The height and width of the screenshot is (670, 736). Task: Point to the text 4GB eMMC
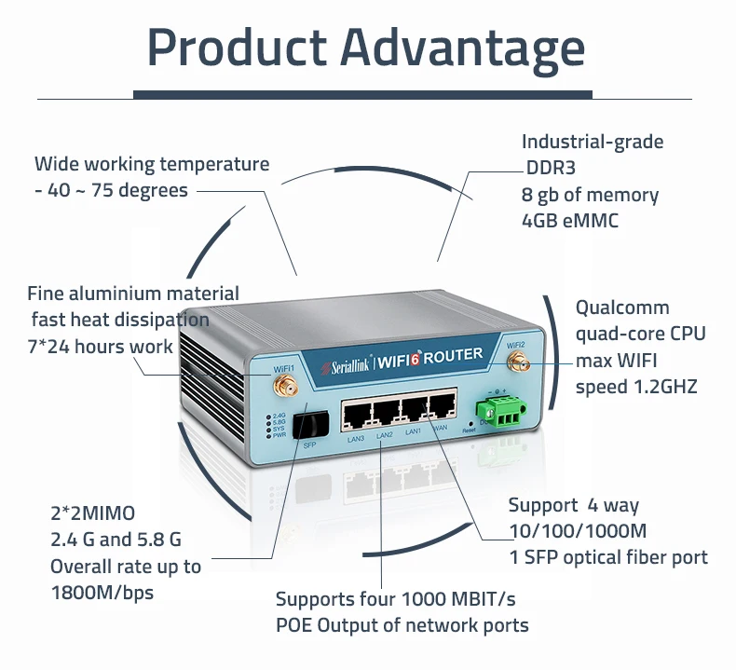click(569, 221)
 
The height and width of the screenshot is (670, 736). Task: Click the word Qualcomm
click(621, 308)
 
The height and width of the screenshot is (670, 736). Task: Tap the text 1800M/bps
click(102, 593)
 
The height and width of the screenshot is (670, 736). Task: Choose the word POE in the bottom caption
click(297, 625)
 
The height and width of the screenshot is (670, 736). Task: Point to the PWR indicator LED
click(269, 435)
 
